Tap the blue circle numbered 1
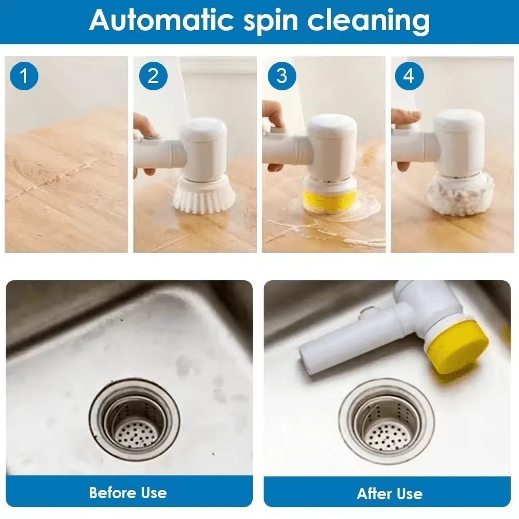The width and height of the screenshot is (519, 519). [24, 76]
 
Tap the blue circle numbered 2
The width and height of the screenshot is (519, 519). [153, 76]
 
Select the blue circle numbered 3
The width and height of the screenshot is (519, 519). [281, 76]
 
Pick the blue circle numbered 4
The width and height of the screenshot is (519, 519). [409, 76]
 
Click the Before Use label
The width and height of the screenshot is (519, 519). [128, 492]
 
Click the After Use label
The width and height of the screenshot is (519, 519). [389, 493]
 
